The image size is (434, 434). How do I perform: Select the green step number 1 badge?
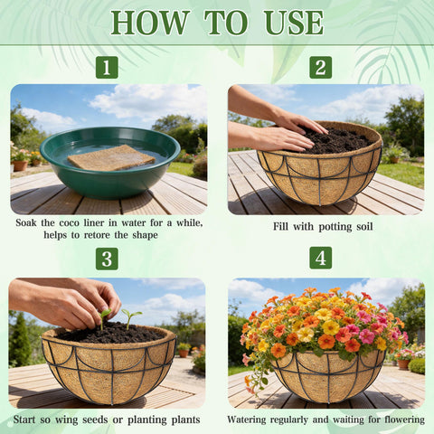coord(107,67)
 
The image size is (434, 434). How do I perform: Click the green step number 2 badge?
coord(321,67)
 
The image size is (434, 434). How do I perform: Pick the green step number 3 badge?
coord(107,259)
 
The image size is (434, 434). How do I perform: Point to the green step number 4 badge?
coord(321,258)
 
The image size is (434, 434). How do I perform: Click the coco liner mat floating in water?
coord(111,158)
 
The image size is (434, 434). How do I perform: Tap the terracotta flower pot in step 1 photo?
coord(20,165)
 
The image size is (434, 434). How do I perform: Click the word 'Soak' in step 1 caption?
coord(26,223)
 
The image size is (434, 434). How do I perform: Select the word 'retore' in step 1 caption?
coord(98,235)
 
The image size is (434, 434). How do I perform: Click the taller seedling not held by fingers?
coord(131,319)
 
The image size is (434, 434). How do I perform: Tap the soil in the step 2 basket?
coord(335,141)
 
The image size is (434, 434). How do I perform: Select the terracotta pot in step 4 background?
coord(403,364)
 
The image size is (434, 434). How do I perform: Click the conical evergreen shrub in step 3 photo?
coord(20,341)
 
